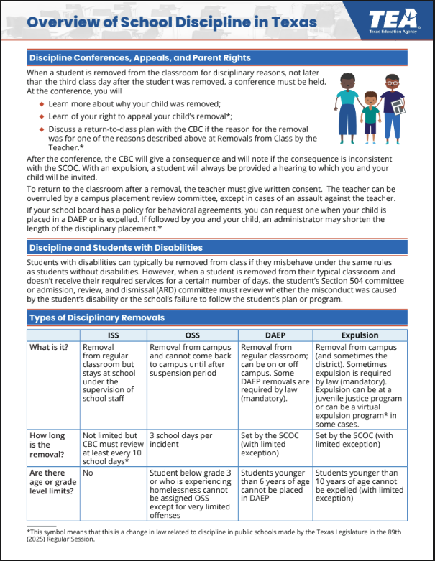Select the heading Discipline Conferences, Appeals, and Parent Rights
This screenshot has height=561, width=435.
tap(139, 57)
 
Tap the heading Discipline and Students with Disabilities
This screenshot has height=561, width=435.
tap(115, 248)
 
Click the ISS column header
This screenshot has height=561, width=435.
tap(113, 335)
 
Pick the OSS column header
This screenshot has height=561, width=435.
tap(192, 335)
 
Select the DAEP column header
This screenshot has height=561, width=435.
tap(275, 335)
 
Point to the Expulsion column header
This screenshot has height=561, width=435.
tap(361, 335)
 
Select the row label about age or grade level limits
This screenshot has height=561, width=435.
tap(52, 483)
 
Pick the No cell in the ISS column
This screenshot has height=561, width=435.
tap(88, 473)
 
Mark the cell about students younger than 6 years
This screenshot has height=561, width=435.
tap(275, 483)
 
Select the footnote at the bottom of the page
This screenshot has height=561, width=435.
tap(216, 535)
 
